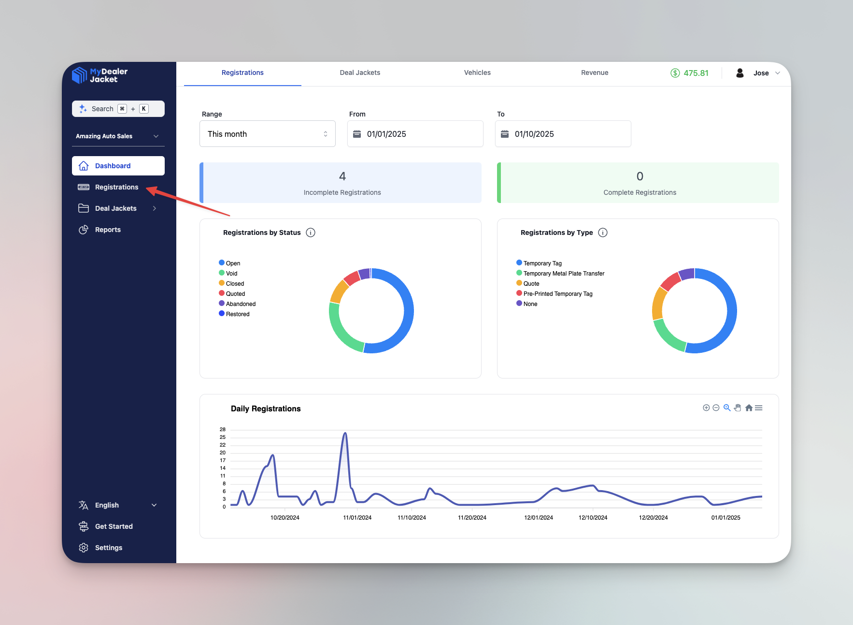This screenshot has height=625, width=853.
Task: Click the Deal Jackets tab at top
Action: pos(360,73)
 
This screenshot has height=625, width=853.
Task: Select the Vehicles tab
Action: pos(477,73)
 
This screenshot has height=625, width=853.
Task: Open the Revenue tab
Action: pos(595,73)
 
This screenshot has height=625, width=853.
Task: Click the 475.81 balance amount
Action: pos(696,73)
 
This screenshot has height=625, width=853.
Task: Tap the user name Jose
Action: pos(761,73)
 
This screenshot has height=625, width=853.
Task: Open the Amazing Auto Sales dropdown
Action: pos(118,136)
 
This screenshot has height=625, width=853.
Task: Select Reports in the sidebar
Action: pos(108,230)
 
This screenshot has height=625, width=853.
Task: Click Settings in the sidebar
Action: pos(109,548)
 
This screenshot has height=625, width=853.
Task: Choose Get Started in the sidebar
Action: pos(114,526)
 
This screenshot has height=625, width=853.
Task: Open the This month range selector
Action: pos(267,134)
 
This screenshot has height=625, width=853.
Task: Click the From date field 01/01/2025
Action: pos(415,134)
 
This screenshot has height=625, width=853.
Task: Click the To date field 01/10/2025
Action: pos(563,134)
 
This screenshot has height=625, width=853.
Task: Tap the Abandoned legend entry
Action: pos(241,304)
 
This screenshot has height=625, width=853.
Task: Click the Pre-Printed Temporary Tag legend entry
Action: pos(557,294)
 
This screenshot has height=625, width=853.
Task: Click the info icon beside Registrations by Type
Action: pos(603,233)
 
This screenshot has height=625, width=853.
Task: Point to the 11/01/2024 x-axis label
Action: pos(357,518)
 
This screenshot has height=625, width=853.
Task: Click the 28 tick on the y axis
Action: pos(223,429)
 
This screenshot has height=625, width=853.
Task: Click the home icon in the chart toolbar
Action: pos(749,408)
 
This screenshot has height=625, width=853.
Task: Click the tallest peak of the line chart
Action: pos(345,434)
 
